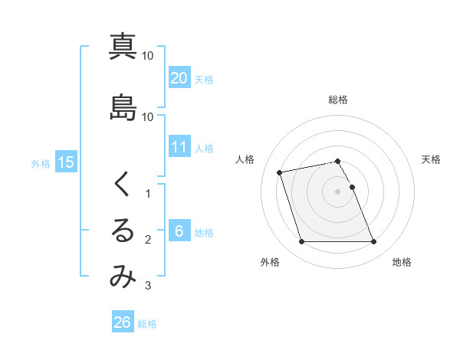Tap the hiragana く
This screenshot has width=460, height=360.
pyautogui.click(x=123, y=184)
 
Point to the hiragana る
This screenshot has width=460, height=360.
pyautogui.click(x=123, y=231)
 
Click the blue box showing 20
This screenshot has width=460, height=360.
pyautogui.click(x=179, y=77)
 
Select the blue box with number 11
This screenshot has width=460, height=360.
pyautogui.click(x=179, y=148)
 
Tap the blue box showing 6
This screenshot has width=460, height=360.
pyautogui.click(x=179, y=232)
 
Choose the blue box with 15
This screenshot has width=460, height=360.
pyautogui.click(x=66, y=162)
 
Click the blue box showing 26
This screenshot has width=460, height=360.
pyautogui.click(x=123, y=322)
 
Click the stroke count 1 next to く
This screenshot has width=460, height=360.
pyautogui.click(x=148, y=194)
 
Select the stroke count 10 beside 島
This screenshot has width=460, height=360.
pyautogui.click(x=148, y=117)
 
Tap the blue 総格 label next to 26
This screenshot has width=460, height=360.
pyautogui.click(x=147, y=323)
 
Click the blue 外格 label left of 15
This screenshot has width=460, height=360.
pyautogui.click(x=41, y=163)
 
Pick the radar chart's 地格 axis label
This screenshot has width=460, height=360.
pyautogui.click(x=402, y=262)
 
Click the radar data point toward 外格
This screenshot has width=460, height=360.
pyautogui.click(x=301, y=242)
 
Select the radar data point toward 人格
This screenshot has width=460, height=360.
pyautogui.click(x=280, y=172)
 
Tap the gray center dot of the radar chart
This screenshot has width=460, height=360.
pyautogui.click(x=337, y=191)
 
